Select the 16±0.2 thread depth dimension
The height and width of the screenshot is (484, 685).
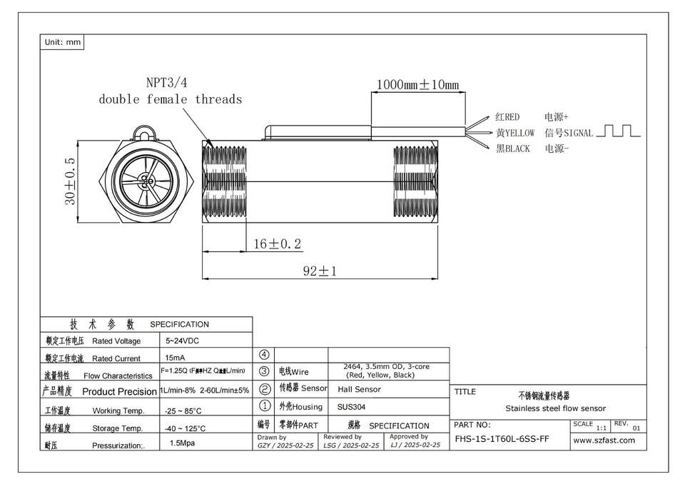277,244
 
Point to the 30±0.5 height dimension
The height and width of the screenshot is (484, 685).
71,182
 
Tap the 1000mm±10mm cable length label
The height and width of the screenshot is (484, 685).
417,84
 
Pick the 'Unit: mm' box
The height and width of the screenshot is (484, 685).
63,43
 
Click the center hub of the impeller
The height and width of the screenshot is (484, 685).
148,181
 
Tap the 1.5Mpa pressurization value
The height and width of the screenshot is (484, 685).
182,443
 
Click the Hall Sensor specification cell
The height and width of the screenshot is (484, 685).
359,389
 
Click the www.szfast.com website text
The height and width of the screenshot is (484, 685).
604,440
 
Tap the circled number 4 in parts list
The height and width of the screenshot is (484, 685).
264,354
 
